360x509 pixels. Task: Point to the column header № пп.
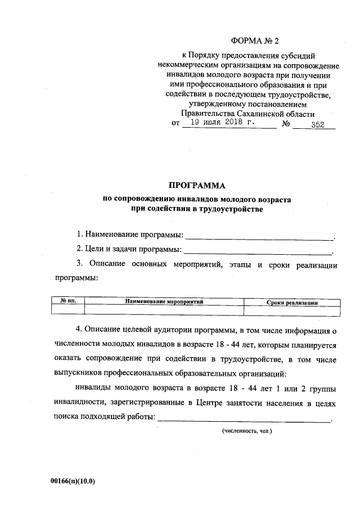[67, 302]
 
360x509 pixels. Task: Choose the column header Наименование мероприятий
[164, 302]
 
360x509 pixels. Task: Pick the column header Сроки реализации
[292, 302]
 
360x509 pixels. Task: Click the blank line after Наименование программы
[259, 236]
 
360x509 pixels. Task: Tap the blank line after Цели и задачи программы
[258, 251]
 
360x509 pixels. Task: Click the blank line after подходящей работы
[245, 420]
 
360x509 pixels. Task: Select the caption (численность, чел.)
[247, 431]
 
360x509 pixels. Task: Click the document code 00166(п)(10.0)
[73, 481]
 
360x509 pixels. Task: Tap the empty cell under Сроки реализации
[292, 310]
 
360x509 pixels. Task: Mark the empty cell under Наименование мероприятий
[164, 310]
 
